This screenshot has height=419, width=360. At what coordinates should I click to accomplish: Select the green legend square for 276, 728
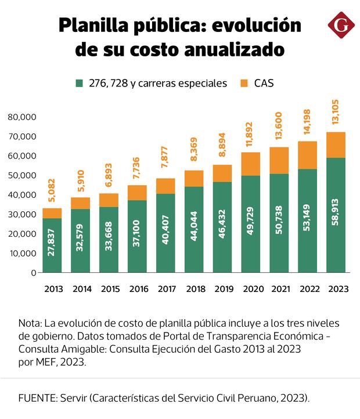80,83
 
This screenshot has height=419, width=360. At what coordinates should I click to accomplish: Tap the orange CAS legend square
243,83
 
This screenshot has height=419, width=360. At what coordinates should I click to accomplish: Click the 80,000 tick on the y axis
23,117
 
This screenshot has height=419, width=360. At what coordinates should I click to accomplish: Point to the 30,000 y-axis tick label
23,214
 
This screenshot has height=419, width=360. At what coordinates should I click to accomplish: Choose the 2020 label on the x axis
251,289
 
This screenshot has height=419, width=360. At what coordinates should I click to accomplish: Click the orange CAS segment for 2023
336,145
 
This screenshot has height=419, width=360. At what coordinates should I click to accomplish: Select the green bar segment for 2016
137,236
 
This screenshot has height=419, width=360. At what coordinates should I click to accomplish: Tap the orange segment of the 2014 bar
81,203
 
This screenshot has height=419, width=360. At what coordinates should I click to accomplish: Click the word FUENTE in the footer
35,398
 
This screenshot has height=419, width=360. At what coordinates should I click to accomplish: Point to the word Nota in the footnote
29,323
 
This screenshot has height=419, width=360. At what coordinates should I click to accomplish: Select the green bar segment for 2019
222,227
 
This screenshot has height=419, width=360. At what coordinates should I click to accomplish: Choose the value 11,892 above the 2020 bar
251,135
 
